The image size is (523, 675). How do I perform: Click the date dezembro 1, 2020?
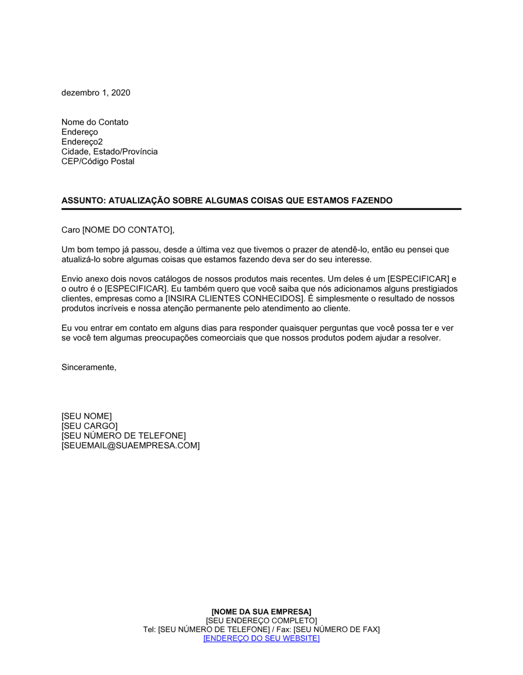point(96,93)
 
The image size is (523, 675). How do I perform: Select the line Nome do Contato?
point(95,122)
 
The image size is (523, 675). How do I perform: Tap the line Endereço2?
point(82,142)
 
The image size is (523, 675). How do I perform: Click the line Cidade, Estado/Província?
point(109,151)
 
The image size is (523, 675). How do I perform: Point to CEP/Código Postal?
point(98,161)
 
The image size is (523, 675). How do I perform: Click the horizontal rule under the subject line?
point(261,209)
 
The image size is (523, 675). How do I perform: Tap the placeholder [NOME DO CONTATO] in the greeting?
point(128,230)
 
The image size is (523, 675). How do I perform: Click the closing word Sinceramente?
point(88,367)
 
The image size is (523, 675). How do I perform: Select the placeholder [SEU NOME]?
point(86,416)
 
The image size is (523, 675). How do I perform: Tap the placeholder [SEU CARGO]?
point(89,426)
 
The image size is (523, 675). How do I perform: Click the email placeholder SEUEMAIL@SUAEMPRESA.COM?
point(130,445)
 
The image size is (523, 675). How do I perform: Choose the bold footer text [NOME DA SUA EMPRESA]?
point(261,612)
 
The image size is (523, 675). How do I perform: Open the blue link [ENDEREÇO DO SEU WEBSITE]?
point(261,638)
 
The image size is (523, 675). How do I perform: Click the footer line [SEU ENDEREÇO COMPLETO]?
point(261,621)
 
